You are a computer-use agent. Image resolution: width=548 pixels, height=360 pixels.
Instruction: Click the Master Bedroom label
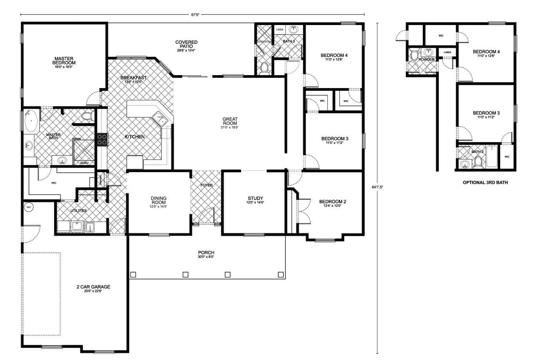65,61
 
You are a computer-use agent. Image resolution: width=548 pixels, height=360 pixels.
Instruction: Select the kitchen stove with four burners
102,139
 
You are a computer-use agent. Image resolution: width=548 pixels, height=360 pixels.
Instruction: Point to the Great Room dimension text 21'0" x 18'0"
230,127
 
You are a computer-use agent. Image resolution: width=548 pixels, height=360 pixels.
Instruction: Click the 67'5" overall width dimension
195,15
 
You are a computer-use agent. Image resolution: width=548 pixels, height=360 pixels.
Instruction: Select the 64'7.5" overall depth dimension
377,187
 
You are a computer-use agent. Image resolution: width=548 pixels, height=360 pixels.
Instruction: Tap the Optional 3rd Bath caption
485,182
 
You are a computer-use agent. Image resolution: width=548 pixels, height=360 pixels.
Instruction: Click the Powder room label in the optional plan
426,59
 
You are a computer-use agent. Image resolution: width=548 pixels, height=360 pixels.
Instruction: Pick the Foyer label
206,185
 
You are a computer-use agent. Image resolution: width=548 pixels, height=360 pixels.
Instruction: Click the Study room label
255,198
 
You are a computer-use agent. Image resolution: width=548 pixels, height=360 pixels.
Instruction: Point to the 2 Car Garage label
93,287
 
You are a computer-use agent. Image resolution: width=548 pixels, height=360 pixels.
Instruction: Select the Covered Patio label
186,44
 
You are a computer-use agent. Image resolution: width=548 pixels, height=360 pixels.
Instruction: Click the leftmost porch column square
133,275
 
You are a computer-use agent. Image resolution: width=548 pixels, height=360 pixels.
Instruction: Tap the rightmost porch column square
280,275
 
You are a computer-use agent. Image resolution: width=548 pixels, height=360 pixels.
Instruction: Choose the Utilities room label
78,211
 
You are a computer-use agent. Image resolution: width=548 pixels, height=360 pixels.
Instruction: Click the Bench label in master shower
84,163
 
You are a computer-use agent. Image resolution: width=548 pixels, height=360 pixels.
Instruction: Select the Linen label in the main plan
279,30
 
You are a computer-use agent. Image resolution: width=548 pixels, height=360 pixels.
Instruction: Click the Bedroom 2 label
333,202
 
